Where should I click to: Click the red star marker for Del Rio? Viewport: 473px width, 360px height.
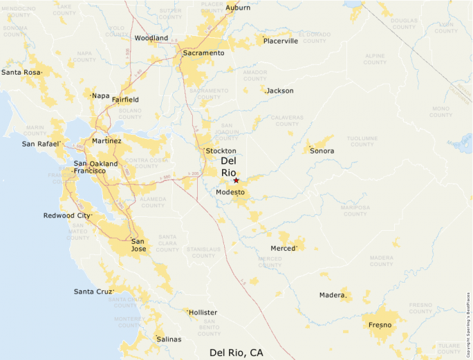pos(236,180)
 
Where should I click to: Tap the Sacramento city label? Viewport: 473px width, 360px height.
pos(203,53)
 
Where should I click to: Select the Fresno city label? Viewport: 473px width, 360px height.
pos(380,325)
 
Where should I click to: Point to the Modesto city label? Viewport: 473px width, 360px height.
pos(230,192)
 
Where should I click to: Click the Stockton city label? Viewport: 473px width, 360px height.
pos(221,151)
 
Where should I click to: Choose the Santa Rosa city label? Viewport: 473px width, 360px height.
pos(20,72)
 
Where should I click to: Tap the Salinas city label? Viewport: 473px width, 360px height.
pos(169,339)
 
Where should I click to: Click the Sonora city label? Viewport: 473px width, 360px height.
pos(322,151)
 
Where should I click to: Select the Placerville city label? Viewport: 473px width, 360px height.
pos(281,41)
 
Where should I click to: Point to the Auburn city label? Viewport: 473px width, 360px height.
pos(238,8)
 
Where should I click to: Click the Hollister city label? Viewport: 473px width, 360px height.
pos(203,312)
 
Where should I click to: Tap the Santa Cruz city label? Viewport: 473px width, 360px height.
pos(93,292)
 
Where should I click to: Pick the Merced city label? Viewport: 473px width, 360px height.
pos(283,248)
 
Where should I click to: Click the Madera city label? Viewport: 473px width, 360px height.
pos(332,295)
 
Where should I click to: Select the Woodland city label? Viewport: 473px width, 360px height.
pos(151,38)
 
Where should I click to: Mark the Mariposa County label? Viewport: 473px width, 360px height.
pos(355,210)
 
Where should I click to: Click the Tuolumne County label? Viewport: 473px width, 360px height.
pos(362,141)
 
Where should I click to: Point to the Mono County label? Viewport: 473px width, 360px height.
pos(440,111)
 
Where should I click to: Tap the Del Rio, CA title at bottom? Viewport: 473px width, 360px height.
pos(236,352)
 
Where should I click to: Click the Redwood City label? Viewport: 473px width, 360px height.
pos(66,216)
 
